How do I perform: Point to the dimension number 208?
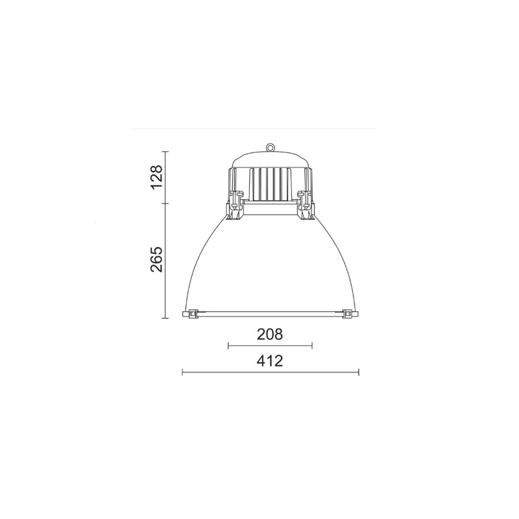pos(270,335)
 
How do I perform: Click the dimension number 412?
pos(270,361)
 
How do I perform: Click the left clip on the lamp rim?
pos(191,313)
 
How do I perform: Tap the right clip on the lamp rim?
pos(349,313)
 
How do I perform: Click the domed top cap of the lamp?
pos(271,160)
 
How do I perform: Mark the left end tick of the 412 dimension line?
pos(182,372)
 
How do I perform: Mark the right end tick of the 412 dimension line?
pos(359,372)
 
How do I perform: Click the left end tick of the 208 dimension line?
pos(228,346)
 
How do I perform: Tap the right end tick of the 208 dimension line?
pos(312,346)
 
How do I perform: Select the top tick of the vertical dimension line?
pos(165,151)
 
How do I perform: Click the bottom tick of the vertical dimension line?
pos(165,318)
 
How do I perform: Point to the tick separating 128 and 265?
pos(165,204)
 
